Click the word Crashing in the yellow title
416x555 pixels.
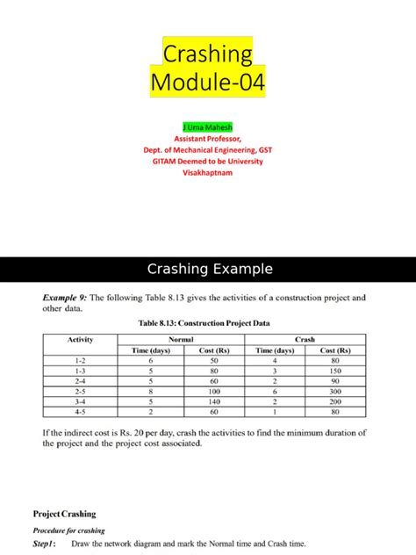tap(208, 54)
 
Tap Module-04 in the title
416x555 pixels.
tap(208, 84)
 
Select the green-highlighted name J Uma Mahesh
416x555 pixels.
tap(208, 127)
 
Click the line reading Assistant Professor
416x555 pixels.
tap(208, 139)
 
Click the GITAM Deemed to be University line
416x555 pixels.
tap(208, 162)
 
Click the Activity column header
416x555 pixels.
tap(79, 339)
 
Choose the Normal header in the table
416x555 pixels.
tap(180, 339)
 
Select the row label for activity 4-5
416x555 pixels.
tap(79, 411)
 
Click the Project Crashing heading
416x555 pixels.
tap(64, 514)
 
